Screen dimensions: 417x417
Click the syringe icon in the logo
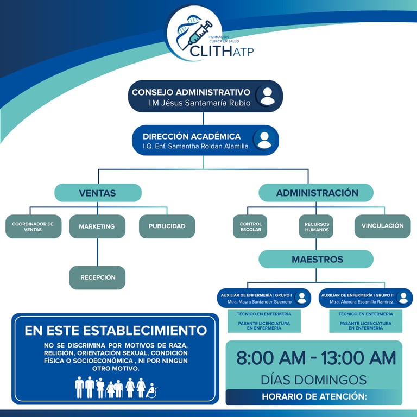click(200, 32)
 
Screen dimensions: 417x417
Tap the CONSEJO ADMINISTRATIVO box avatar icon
click(267, 96)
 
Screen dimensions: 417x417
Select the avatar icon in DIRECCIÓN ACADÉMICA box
click(264, 140)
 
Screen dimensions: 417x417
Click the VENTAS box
click(98, 193)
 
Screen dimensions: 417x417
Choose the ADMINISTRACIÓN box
click(317, 193)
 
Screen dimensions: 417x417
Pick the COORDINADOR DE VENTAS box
click(33, 226)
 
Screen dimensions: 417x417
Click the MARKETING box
click(97, 226)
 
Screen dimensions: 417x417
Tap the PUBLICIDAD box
click(167, 226)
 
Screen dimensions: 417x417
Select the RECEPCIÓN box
click(98, 277)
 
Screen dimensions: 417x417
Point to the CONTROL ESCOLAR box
click(250, 226)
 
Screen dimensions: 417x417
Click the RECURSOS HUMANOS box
click(316, 226)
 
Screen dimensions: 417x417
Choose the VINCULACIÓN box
click(382, 226)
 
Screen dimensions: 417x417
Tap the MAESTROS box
click(317, 260)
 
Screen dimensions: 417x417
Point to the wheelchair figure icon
click(153, 389)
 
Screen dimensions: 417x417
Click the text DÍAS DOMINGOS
click(314, 380)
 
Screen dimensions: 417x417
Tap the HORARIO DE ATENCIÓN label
click(314, 397)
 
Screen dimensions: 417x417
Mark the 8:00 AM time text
click(267, 358)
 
